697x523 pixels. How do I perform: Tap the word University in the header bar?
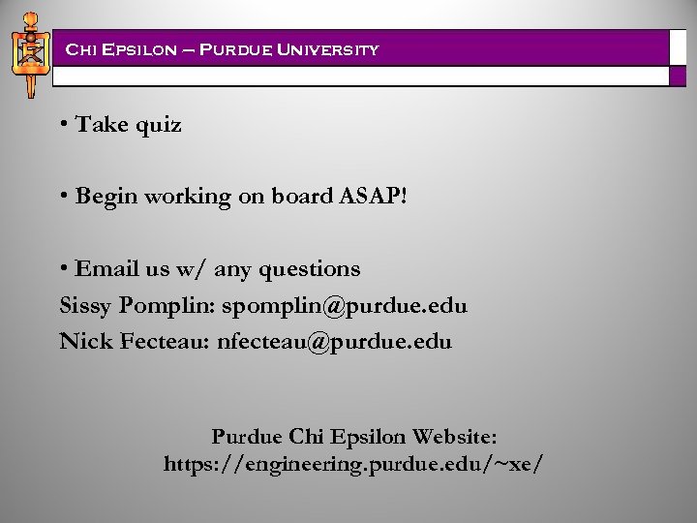click(x=324, y=48)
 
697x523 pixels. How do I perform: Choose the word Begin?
click(x=106, y=197)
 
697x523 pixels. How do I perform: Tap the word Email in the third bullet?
click(x=106, y=268)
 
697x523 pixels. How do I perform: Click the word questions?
click(x=312, y=268)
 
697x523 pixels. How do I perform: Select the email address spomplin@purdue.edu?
click(x=344, y=306)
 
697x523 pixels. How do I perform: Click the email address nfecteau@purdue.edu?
click(x=334, y=342)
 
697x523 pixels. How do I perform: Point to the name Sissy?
click(x=86, y=306)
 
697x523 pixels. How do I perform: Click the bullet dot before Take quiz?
click(x=63, y=125)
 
